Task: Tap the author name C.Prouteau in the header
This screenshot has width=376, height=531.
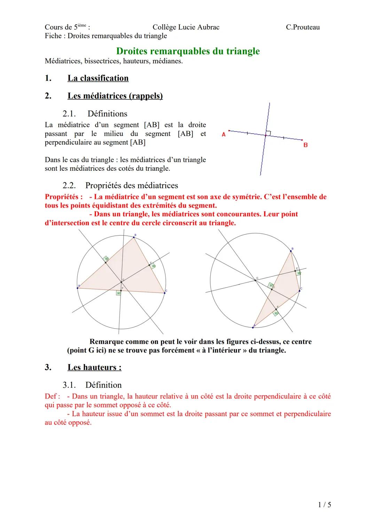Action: click(x=303, y=27)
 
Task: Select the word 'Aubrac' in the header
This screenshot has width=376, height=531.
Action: click(x=208, y=27)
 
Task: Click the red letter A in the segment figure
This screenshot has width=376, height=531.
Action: click(x=224, y=134)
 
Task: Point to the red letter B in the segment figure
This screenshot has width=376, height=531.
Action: click(x=305, y=145)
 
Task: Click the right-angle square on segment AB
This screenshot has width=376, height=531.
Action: click(x=268, y=133)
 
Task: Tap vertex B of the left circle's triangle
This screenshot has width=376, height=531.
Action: click(x=134, y=238)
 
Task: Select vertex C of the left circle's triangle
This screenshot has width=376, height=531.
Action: click(x=164, y=293)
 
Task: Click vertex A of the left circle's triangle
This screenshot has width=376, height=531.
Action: click(x=78, y=288)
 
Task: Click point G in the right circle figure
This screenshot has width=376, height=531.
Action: click(x=256, y=280)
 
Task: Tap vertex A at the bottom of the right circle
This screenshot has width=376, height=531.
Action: click(x=253, y=327)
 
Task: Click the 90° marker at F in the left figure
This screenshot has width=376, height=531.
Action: click(x=119, y=293)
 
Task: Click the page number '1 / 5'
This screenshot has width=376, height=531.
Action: click(x=324, y=504)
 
